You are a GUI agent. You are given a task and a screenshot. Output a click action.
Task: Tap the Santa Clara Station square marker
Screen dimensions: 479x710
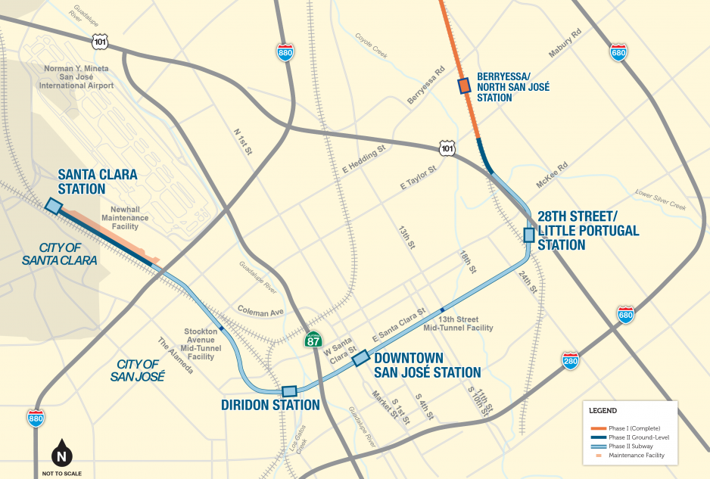(54, 206)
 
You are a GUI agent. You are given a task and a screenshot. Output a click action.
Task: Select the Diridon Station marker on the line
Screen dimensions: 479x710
(289, 391)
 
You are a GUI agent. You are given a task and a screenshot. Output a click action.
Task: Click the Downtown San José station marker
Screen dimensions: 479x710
(361, 357)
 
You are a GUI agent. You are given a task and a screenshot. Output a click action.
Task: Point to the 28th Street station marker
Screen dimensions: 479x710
(529, 235)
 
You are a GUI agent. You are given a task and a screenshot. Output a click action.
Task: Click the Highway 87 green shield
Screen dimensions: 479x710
(313, 340)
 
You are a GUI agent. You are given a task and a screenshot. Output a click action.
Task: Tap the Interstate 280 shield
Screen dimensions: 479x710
(571, 361)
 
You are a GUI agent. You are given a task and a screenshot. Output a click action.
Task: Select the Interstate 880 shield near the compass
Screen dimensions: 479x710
(36, 417)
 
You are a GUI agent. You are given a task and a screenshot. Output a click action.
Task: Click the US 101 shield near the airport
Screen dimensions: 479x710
(101, 42)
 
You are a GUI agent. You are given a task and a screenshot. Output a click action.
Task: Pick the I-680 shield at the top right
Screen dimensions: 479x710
(618, 51)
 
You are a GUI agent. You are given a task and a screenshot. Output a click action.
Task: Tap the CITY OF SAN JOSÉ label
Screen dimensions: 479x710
(137, 369)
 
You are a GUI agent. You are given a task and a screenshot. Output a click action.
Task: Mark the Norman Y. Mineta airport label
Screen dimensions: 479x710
(79, 77)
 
